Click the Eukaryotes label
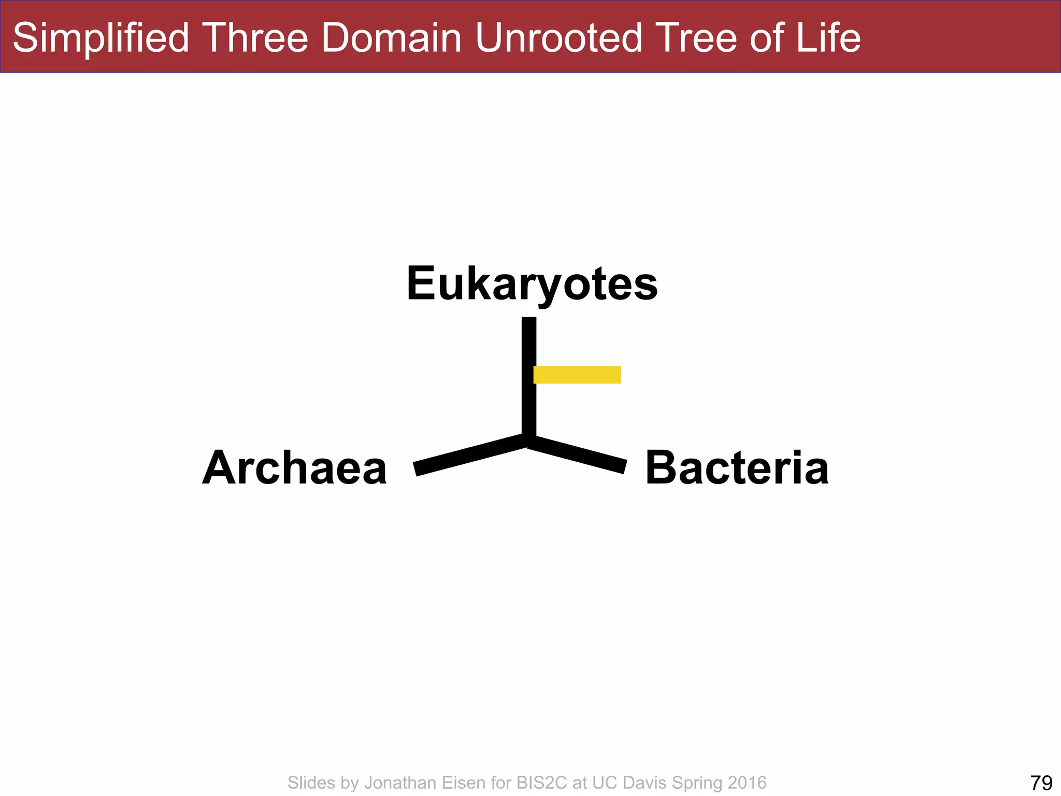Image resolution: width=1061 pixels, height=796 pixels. [x=532, y=283]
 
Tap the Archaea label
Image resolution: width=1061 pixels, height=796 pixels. [x=294, y=468]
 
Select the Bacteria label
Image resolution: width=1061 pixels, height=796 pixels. [x=737, y=468]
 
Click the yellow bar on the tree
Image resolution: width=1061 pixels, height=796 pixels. [x=577, y=375]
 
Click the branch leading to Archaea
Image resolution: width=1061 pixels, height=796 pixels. [x=469, y=454]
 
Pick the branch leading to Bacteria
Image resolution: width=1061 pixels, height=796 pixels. [x=578, y=454]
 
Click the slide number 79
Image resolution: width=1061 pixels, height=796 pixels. [x=1041, y=783]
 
